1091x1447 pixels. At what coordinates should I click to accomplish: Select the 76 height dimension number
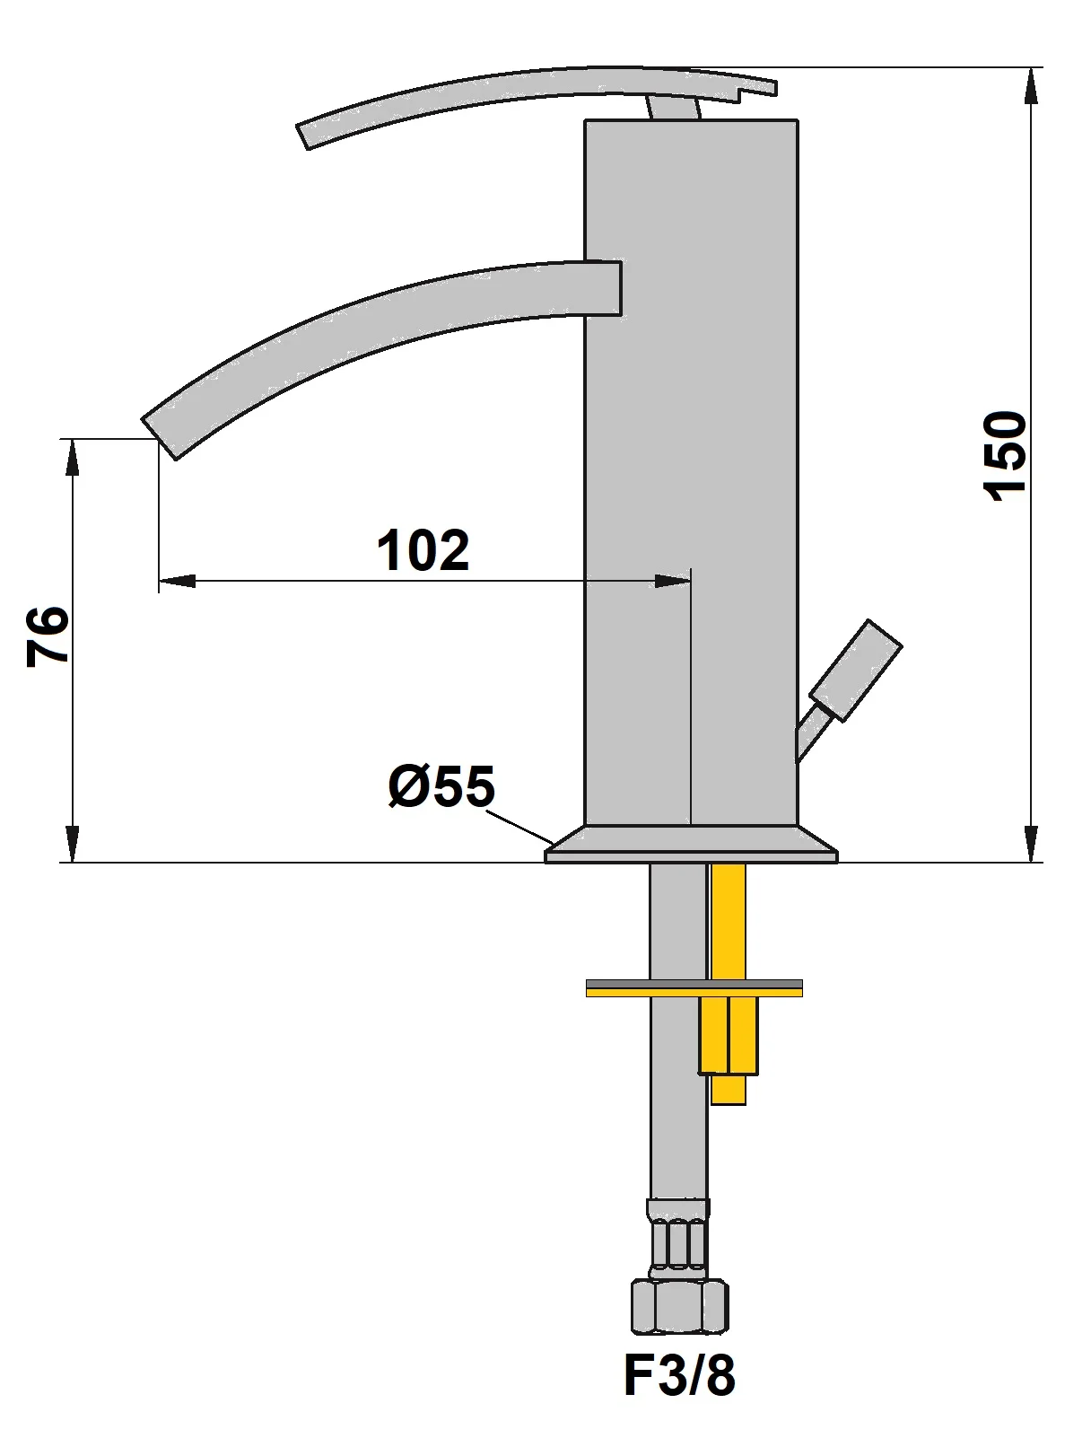click(48, 636)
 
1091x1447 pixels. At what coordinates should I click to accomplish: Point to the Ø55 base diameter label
click(441, 787)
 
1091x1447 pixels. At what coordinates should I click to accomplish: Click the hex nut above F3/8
click(679, 1307)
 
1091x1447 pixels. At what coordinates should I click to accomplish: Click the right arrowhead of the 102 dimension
click(674, 582)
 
